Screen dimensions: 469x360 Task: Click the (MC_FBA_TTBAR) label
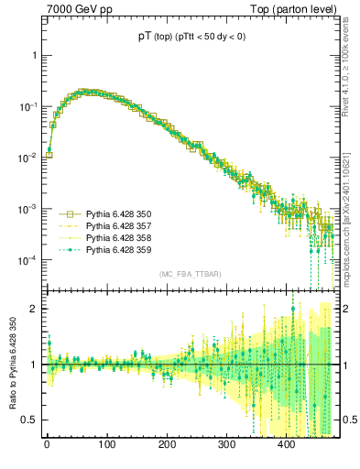click(190, 274)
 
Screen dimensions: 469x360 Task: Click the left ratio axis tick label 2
click(34, 309)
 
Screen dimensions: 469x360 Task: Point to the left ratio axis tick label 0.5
click(30, 420)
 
